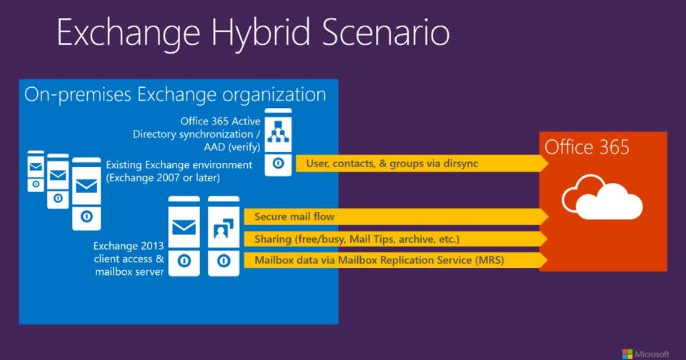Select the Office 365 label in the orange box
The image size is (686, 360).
[587, 147]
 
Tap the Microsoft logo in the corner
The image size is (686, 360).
[646, 353]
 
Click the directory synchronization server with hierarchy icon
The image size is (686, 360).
[278, 141]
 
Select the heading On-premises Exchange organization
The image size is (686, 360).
[175, 94]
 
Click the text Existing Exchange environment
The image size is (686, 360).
[179, 165]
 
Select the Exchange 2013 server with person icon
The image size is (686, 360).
[222, 236]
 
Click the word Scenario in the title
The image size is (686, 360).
[386, 34]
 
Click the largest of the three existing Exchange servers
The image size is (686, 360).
[86, 193]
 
